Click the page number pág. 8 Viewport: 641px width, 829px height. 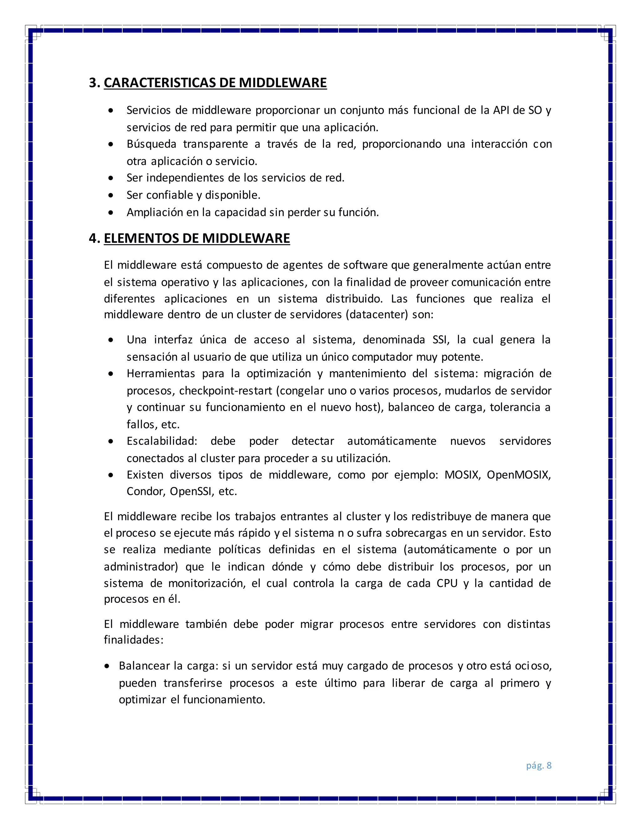(538, 765)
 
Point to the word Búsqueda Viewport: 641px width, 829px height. (151, 144)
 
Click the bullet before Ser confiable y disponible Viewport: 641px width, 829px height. (110, 195)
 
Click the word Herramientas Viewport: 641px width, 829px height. (161, 374)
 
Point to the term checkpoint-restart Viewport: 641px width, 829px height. (226, 391)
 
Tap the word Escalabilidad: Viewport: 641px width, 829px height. (162, 441)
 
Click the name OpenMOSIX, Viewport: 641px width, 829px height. (519, 475)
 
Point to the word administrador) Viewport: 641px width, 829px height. (141, 567)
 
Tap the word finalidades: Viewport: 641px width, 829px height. (134, 640)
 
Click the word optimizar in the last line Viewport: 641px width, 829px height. (142, 699)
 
